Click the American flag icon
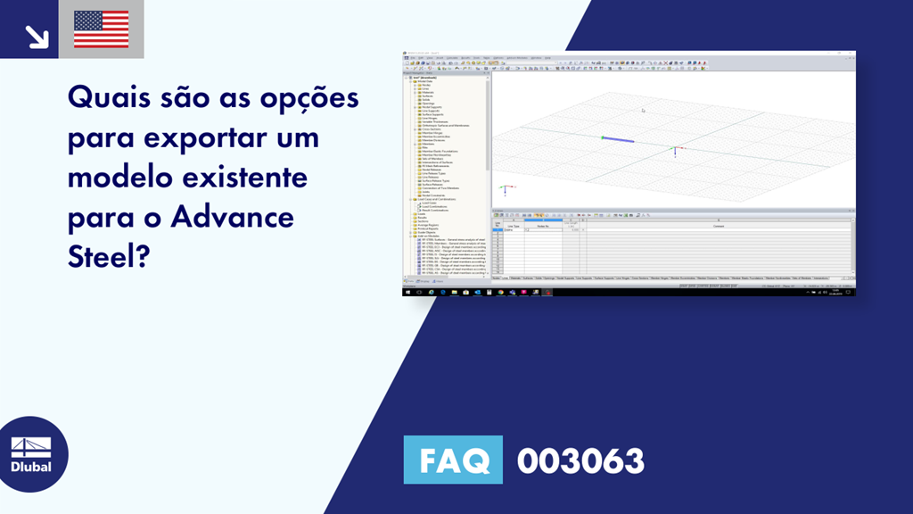(101, 29)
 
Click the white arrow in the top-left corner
(36, 35)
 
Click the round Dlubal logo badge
(31, 454)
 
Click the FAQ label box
(453, 460)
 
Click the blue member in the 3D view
(619, 139)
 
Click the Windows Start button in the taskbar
(408, 292)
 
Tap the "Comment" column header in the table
(718, 226)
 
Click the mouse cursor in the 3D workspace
(643, 111)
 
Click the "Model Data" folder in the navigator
(425, 81)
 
